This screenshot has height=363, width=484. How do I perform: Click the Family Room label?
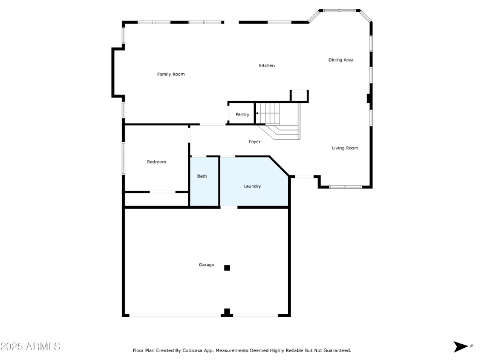coord(171,74)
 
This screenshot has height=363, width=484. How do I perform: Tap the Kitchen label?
coord(267,65)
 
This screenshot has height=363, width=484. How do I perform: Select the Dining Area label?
coord(341,60)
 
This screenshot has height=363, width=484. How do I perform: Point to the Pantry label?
coord(242,114)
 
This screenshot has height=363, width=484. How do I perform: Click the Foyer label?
coord(255,142)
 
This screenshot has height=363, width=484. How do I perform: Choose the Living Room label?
coord(345,148)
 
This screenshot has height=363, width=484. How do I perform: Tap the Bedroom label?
coord(156,162)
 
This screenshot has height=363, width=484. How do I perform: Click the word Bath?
coord(202,176)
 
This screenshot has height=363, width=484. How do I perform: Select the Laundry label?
coord(252,186)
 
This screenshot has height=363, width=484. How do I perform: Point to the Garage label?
coord(206,264)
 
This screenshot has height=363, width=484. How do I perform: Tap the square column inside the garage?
coord(227,267)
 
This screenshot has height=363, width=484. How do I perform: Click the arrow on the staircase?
coord(257,113)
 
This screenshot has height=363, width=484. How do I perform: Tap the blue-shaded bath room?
coord(204,188)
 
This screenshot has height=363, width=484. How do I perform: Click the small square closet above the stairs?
coord(299,96)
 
